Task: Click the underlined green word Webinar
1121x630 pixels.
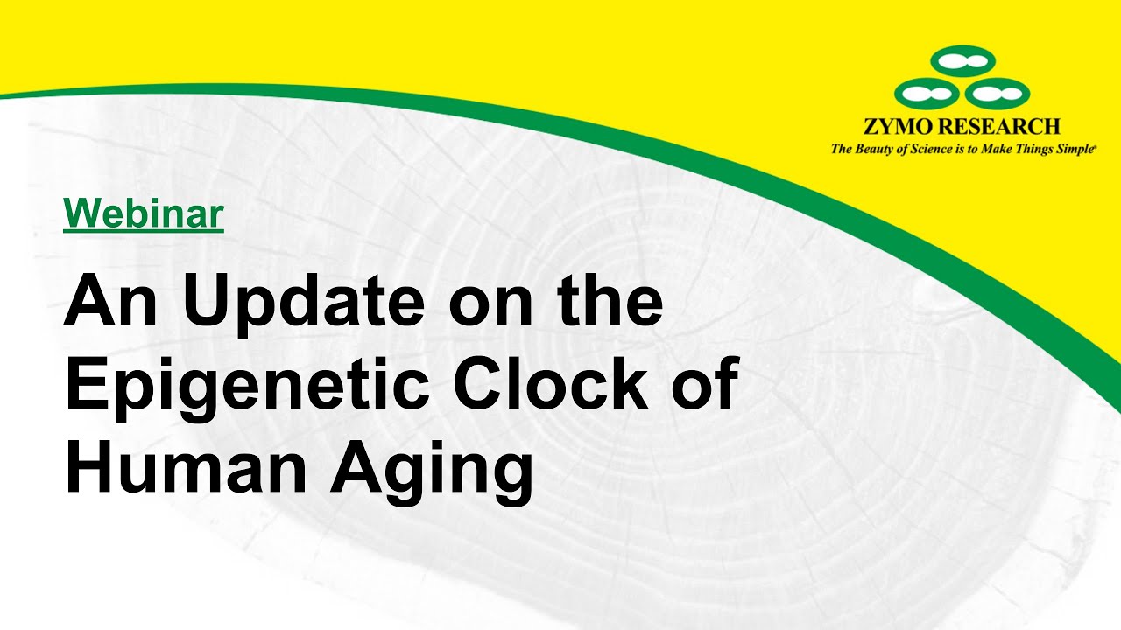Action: (x=144, y=213)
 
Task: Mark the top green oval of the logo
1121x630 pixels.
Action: (x=962, y=61)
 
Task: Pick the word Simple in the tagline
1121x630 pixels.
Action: (x=1075, y=150)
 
